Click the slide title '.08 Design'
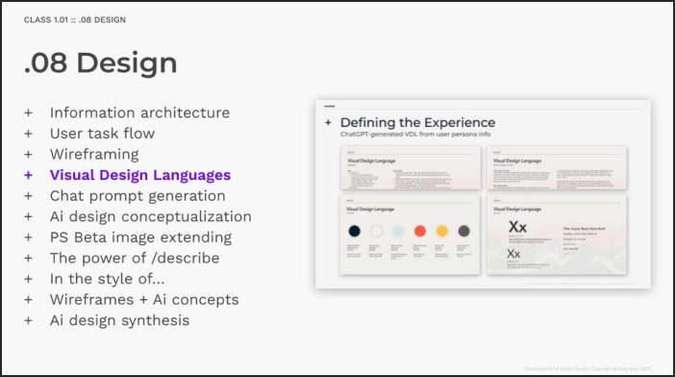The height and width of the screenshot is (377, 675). pos(101,63)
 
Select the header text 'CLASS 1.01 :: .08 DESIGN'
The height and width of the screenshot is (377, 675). pos(74,19)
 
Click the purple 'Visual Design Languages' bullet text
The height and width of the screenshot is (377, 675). pos(140,175)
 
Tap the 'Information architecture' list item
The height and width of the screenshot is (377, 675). pos(139,113)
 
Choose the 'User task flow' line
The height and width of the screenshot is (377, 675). pos(102,134)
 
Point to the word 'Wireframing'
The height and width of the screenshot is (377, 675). pos(94,154)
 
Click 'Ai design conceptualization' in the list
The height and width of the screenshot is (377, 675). pos(150,216)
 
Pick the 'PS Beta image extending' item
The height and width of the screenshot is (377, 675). pos(140,238)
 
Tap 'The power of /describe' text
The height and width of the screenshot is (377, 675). pos(135,259)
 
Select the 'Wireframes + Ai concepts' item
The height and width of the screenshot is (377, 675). pos(144,300)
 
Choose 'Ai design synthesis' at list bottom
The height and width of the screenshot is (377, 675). pos(119,320)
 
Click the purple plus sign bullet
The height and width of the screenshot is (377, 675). pos(28,175)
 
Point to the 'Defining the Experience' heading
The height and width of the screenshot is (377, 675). pos(417,123)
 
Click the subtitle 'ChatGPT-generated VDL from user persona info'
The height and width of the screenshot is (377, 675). pos(408,136)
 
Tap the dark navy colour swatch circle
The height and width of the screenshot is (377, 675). pos(355,231)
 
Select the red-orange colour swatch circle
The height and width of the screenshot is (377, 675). pos(420,231)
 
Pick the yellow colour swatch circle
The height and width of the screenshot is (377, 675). pos(442,231)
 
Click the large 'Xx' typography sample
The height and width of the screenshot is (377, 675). pos(517,228)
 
